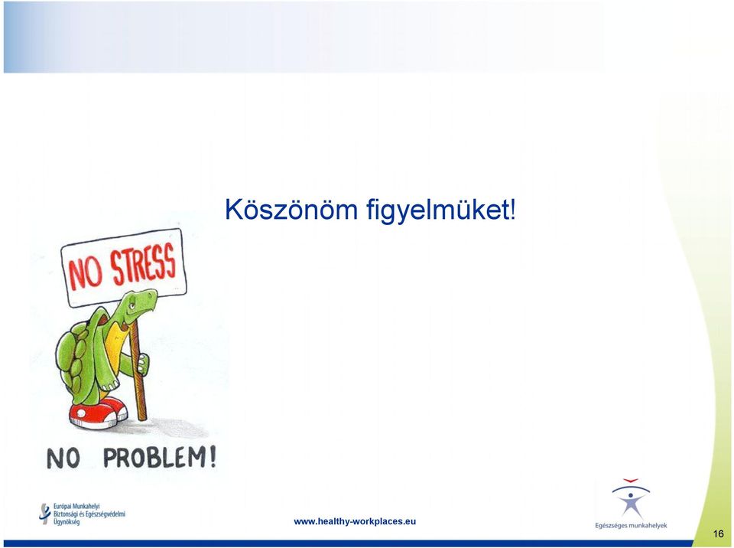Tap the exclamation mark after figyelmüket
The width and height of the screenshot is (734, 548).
coord(513,210)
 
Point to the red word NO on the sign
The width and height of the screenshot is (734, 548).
coord(85,274)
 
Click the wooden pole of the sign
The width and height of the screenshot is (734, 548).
coord(138,370)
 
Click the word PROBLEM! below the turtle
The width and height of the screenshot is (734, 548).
coord(160,458)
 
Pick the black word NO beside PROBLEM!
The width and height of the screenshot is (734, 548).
coord(63,458)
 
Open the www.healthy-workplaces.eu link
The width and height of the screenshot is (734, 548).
coord(355,521)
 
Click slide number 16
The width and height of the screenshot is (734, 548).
coord(719,533)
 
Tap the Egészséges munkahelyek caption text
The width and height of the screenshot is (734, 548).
coord(631,526)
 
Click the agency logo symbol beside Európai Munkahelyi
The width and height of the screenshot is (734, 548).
coord(45,514)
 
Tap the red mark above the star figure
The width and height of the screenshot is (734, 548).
coord(631,481)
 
